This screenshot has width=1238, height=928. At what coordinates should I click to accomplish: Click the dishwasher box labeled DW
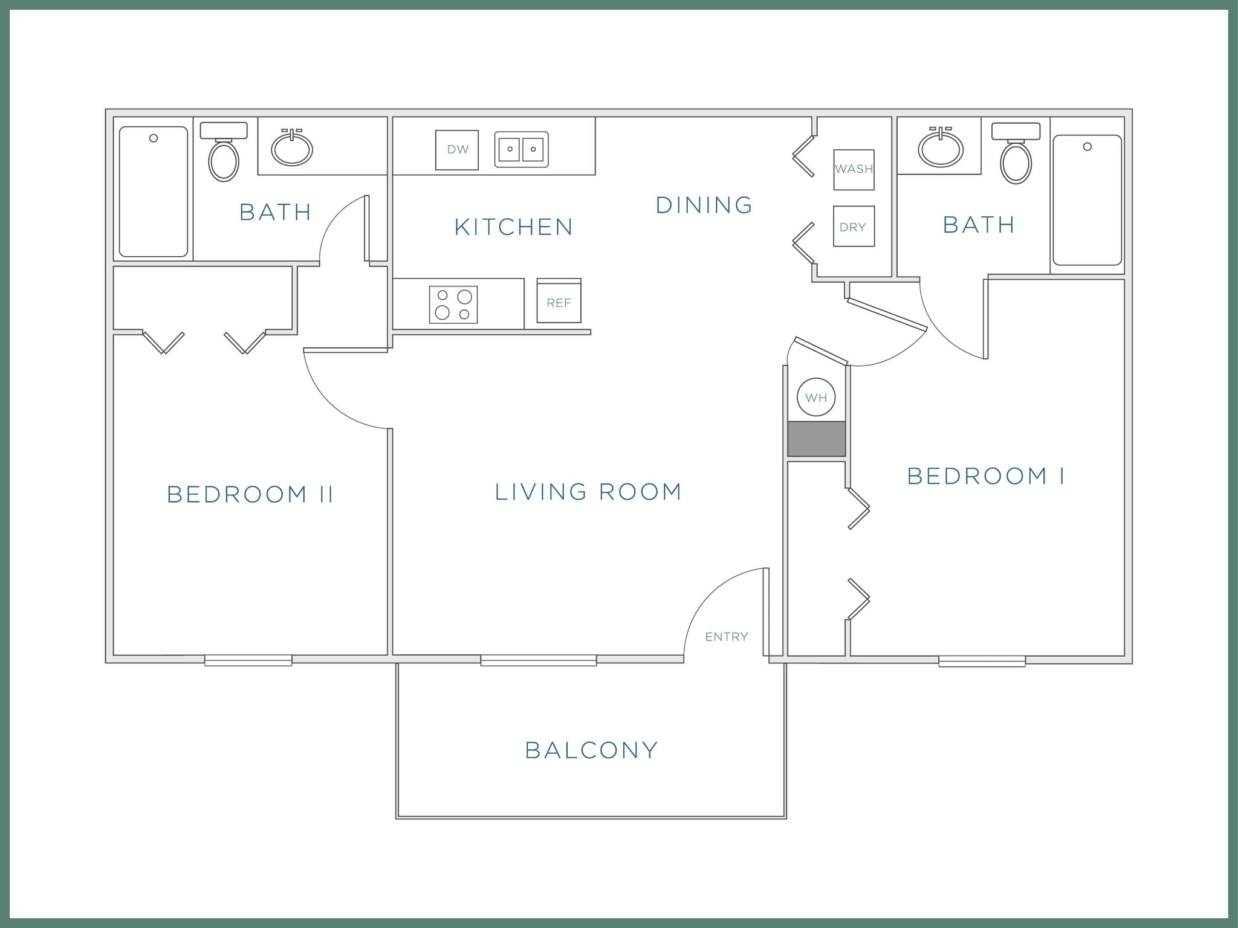pos(457,150)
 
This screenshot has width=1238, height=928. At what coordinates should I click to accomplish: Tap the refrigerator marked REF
pos(559,301)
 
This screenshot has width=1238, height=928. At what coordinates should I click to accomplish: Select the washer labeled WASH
pos(854,170)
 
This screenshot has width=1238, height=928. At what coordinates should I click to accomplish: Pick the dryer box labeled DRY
pos(854,227)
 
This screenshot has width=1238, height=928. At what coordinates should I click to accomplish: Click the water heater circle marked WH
pos(816,398)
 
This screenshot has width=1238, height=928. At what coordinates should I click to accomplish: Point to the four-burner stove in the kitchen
pos(453,304)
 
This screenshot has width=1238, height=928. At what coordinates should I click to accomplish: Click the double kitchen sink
pos(521,149)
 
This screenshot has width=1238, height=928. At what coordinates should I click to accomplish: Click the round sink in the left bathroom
pos(292,149)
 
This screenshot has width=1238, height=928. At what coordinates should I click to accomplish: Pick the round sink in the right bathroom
pos(941,148)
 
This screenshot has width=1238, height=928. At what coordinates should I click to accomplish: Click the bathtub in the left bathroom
pos(154,192)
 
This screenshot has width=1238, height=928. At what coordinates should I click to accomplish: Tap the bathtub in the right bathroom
pos(1087,200)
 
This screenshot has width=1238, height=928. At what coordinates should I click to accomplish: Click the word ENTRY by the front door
pos(727,637)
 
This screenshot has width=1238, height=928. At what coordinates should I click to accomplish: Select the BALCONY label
pos(591,750)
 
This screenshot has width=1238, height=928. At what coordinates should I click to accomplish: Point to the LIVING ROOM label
pos(588,492)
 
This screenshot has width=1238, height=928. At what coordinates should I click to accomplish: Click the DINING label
pos(704,205)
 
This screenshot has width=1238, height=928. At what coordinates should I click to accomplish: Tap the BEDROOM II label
pos(250,495)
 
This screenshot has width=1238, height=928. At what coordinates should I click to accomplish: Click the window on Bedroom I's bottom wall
pos(982,662)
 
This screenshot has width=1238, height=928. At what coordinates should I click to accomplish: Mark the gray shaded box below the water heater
pos(816,439)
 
